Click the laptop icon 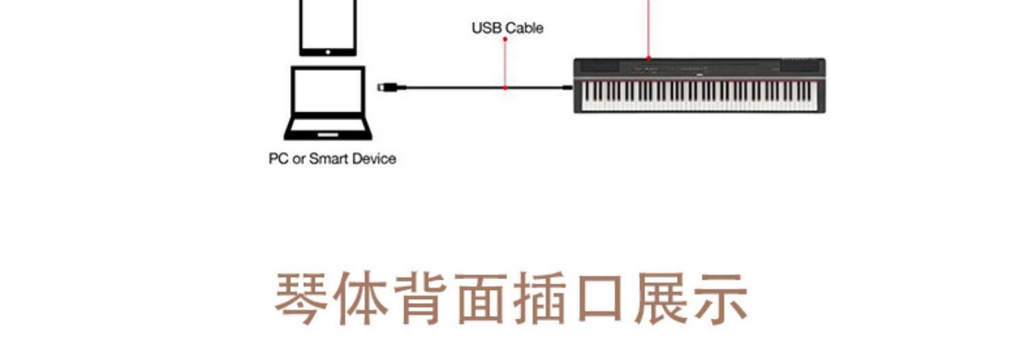pos(328,103)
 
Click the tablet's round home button pos(328,51)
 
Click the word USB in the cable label pos(486,28)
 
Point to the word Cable pos(524,28)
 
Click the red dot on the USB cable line pos(505,88)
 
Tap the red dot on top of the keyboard pos(648,58)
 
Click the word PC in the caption pos(277,158)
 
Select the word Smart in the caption pos(328,158)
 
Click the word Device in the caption pos(374,158)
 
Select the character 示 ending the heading pos(721,300)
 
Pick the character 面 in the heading pos(482,300)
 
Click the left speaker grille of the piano pos(598,67)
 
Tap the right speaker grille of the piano pos(800,67)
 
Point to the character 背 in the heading pos(422,300)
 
